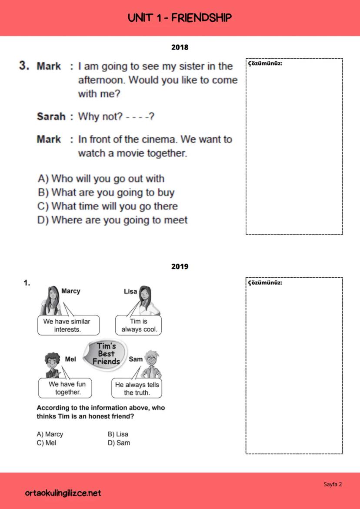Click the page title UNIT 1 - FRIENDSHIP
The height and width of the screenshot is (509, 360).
coord(180,18)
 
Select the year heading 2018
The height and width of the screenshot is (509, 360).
coord(180,47)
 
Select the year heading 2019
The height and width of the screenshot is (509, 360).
coord(180,266)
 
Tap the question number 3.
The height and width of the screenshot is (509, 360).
coord(24,66)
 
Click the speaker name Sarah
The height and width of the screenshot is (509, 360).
coord(51,116)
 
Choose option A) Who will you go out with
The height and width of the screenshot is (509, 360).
coord(101,179)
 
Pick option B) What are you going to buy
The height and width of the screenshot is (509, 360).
coord(106,193)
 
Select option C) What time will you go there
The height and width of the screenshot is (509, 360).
coord(108,206)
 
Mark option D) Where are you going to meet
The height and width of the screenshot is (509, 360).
coord(113,220)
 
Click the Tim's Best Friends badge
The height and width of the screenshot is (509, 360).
coord(106,353)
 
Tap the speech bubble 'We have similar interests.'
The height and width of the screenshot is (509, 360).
coord(68,325)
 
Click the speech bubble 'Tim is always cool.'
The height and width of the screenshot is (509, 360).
coord(138,325)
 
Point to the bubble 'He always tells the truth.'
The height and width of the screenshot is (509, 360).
coord(137,389)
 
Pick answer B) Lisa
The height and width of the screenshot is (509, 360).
coord(118,434)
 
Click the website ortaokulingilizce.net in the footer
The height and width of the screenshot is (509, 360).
coord(63,493)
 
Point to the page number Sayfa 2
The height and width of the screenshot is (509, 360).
coord(333,484)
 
